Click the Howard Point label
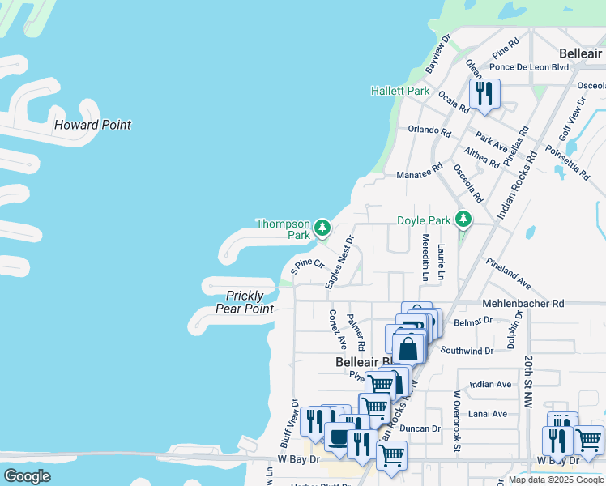pos(92,125)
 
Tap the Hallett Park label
pos(400,92)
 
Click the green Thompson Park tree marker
pos(322,227)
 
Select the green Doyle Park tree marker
pos(463,219)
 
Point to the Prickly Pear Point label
pos(245,302)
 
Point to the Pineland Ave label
pos(508,275)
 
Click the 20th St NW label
pos(527,380)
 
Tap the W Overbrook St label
pos(457,420)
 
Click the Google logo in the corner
pos(27,475)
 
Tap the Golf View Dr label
pos(572,121)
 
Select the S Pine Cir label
pos(308,265)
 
